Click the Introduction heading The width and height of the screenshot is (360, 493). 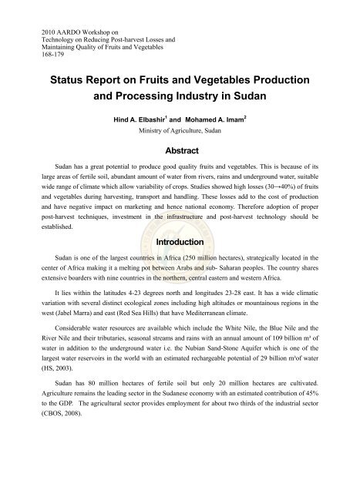coord(180,243)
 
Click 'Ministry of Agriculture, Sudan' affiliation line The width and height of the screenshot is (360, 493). coord(180,132)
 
